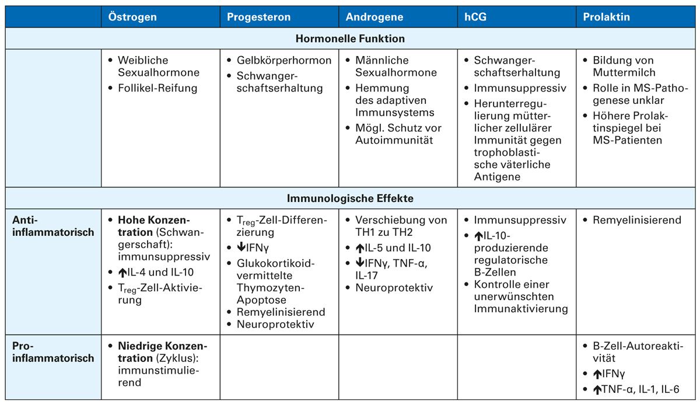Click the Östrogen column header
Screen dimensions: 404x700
coord(132,17)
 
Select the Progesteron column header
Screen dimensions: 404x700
coord(258,17)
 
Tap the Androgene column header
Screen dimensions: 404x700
coord(374,17)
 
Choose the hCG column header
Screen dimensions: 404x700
coord(475,17)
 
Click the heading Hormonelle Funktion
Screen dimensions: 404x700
coord(350,39)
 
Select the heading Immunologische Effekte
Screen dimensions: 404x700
coord(350,198)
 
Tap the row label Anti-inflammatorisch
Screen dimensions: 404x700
coord(52,227)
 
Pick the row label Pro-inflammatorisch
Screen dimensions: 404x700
coord(52,352)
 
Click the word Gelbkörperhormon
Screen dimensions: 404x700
coord(284,60)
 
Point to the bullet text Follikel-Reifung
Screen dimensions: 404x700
coord(157,88)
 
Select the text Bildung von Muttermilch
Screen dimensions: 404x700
coord(624,67)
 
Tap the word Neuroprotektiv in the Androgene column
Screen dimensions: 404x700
coord(394,287)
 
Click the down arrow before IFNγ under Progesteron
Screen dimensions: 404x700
coord(241,248)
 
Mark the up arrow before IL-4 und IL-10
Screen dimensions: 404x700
coord(122,271)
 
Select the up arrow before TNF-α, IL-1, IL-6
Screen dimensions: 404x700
coord(597,390)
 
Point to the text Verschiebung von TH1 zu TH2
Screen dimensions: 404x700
coord(401,227)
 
